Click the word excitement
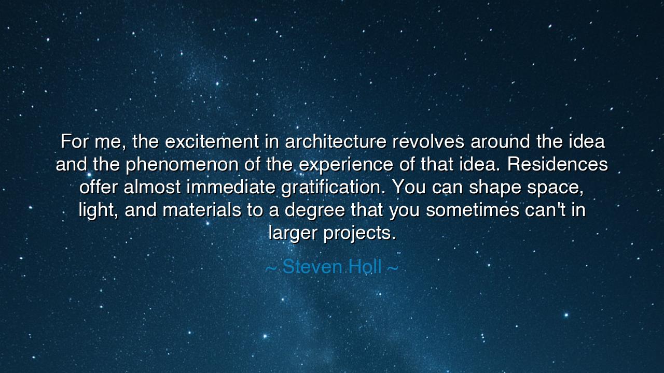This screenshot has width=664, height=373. [213, 141]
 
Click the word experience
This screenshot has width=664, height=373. [345, 165]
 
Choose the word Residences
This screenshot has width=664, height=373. [558, 165]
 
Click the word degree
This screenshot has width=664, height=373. [315, 210]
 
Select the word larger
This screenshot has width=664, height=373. [293, 233]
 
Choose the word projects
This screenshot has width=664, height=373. [359, 233]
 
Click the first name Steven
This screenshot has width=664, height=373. [312, 267]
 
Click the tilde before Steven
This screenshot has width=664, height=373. [271, 268]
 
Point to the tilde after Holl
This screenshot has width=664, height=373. [393, 268]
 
